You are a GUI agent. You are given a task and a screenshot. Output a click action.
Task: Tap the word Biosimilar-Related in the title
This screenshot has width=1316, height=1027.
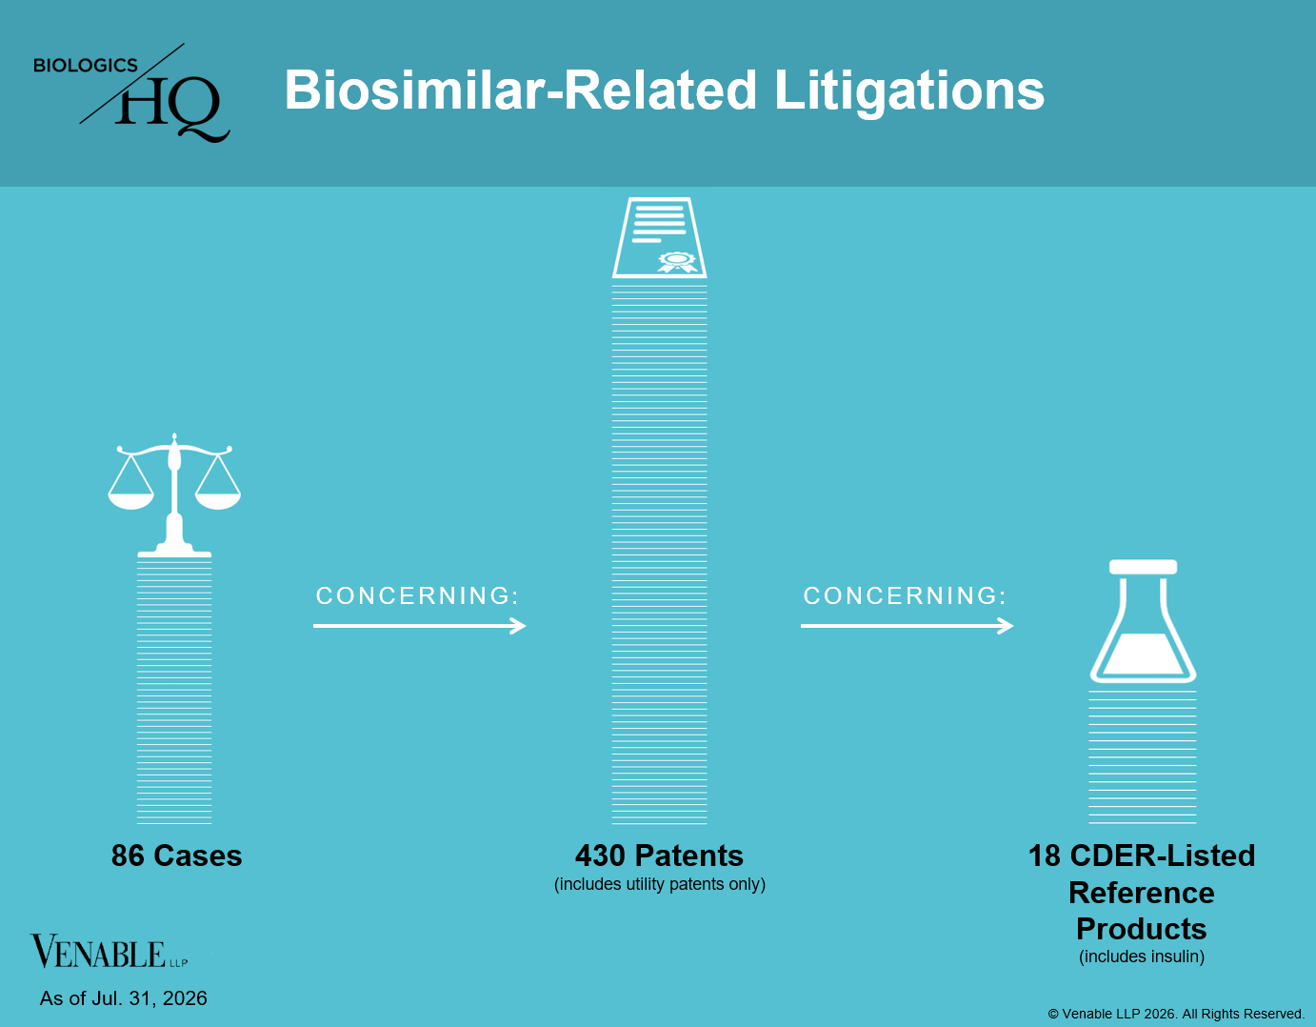pos(520,90)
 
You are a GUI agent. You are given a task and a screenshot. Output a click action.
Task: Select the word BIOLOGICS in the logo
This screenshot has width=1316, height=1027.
pos(86,65)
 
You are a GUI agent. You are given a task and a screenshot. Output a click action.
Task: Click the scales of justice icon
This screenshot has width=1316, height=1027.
pos(174,495)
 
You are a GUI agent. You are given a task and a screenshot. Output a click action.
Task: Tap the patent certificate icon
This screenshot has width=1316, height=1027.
pos(659,237)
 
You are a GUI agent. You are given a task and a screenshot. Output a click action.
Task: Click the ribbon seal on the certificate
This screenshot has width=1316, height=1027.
pos(678,262)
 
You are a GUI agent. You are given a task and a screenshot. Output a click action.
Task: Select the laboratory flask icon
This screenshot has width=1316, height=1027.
pos(1143,621)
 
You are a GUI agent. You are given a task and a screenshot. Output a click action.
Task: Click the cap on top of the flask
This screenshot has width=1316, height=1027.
pos(1143,567)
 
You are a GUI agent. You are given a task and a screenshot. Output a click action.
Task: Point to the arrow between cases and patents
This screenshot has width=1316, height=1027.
pos(419,626)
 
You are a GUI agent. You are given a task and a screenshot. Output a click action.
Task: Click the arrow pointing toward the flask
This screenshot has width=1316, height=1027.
pos(907,626)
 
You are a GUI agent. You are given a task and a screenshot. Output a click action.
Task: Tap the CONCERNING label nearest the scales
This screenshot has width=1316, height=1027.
pos(417,595)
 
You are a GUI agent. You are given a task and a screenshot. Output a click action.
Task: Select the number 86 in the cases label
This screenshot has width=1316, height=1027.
pos(128,856)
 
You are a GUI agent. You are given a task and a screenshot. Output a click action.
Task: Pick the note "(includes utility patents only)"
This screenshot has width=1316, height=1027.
pos(660,884)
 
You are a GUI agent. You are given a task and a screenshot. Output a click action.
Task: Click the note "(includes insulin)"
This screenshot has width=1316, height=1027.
pos(1142,957)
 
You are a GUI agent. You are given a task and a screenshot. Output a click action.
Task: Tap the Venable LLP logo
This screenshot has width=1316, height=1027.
pos(109,952)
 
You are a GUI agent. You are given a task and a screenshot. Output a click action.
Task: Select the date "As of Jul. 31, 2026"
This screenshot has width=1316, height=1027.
pos(124,997)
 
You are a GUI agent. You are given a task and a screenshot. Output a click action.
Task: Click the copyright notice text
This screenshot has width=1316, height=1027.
pos(1176,1014)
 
